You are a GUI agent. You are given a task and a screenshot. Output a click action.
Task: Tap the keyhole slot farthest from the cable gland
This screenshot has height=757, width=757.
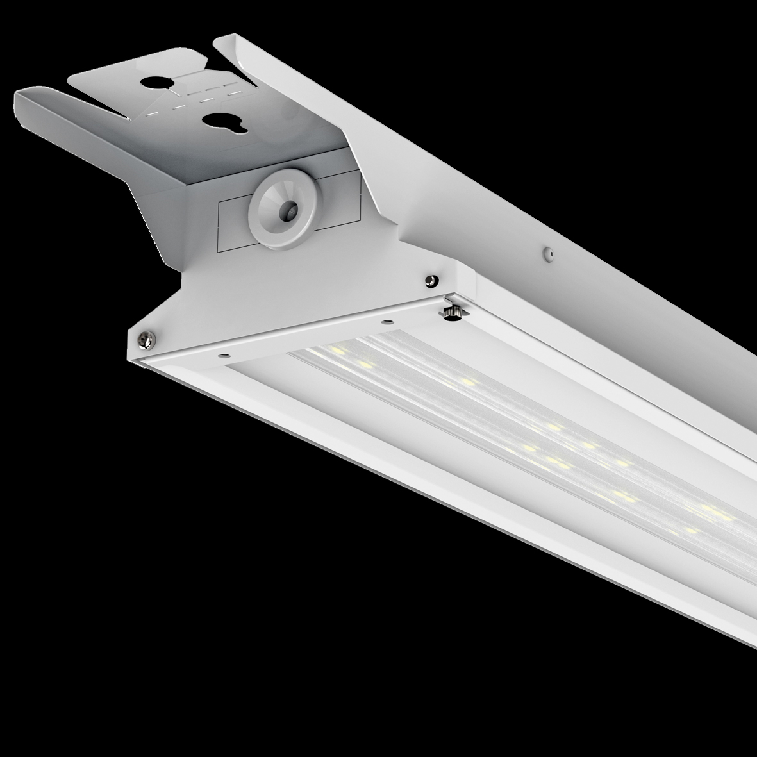(x=158, y=83)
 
